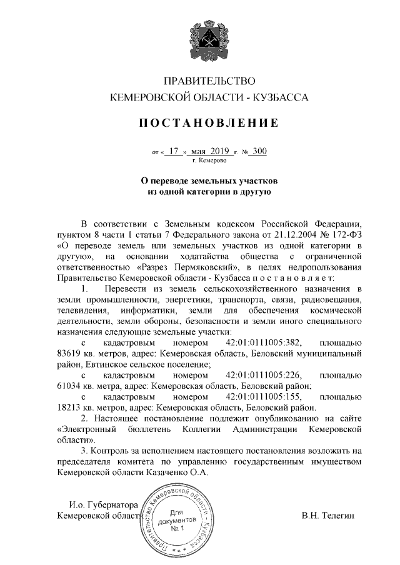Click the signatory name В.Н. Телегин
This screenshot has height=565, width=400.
coord(327,516)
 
